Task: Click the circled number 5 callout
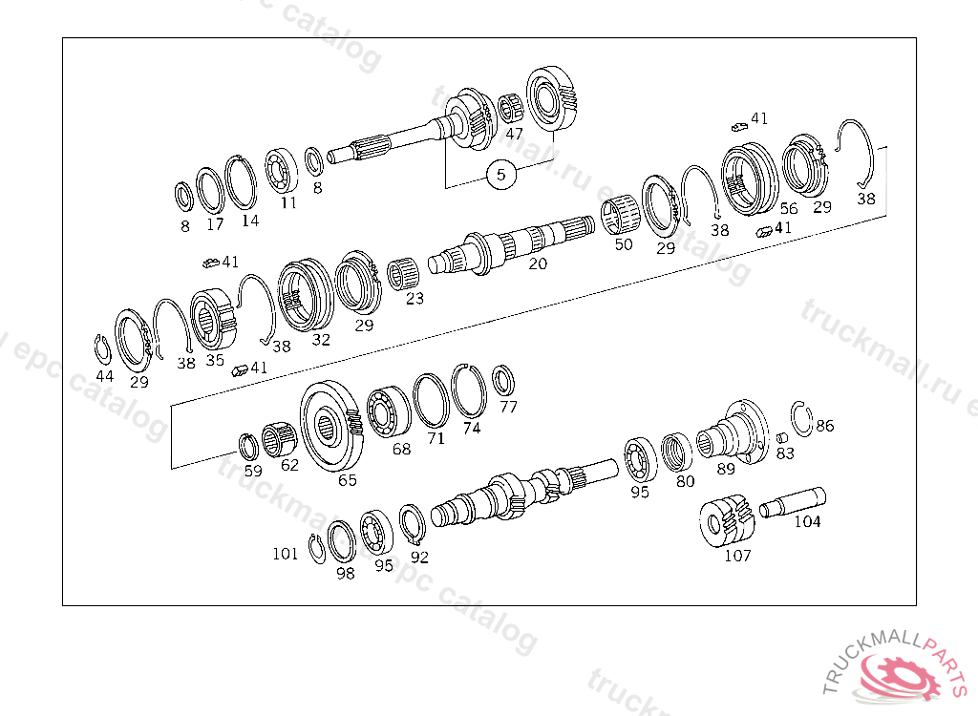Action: (500, 174)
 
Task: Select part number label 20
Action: (538, 263)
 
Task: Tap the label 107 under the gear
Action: (737, 555)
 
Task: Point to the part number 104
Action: (807, 521)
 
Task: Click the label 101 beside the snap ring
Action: (285, 554)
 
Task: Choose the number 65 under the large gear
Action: (348, 479)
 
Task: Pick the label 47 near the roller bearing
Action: (514, 134)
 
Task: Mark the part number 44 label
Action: (105, 376)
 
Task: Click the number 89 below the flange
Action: (726, 469)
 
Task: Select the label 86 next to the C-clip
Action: (824, 426)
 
